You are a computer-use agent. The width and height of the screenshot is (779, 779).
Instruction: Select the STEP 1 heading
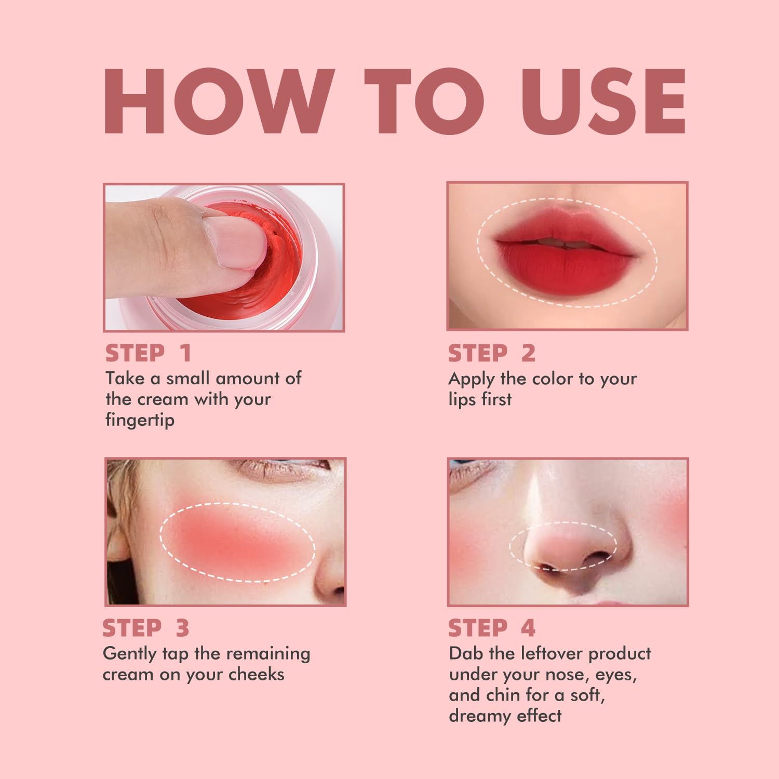(149, 353)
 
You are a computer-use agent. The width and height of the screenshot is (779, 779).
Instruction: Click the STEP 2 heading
(491, 353)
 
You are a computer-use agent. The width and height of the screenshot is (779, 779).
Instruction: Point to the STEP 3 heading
(146, 628)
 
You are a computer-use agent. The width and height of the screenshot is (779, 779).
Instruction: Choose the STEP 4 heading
(491, 628)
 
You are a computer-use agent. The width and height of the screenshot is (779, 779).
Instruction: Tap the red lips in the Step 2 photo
(566, 254)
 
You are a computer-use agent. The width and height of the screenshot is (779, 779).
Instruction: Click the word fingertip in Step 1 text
(140, 420)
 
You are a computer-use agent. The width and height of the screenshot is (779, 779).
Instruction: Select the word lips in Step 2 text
(461, 399)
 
